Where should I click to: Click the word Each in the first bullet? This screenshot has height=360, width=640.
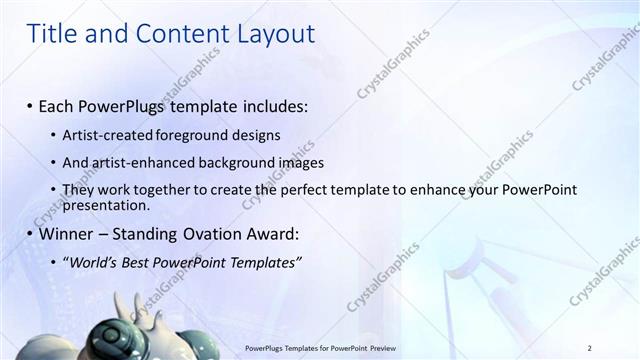[x=58, y=105]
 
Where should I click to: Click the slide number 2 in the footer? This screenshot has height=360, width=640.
[x=590, y=347]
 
